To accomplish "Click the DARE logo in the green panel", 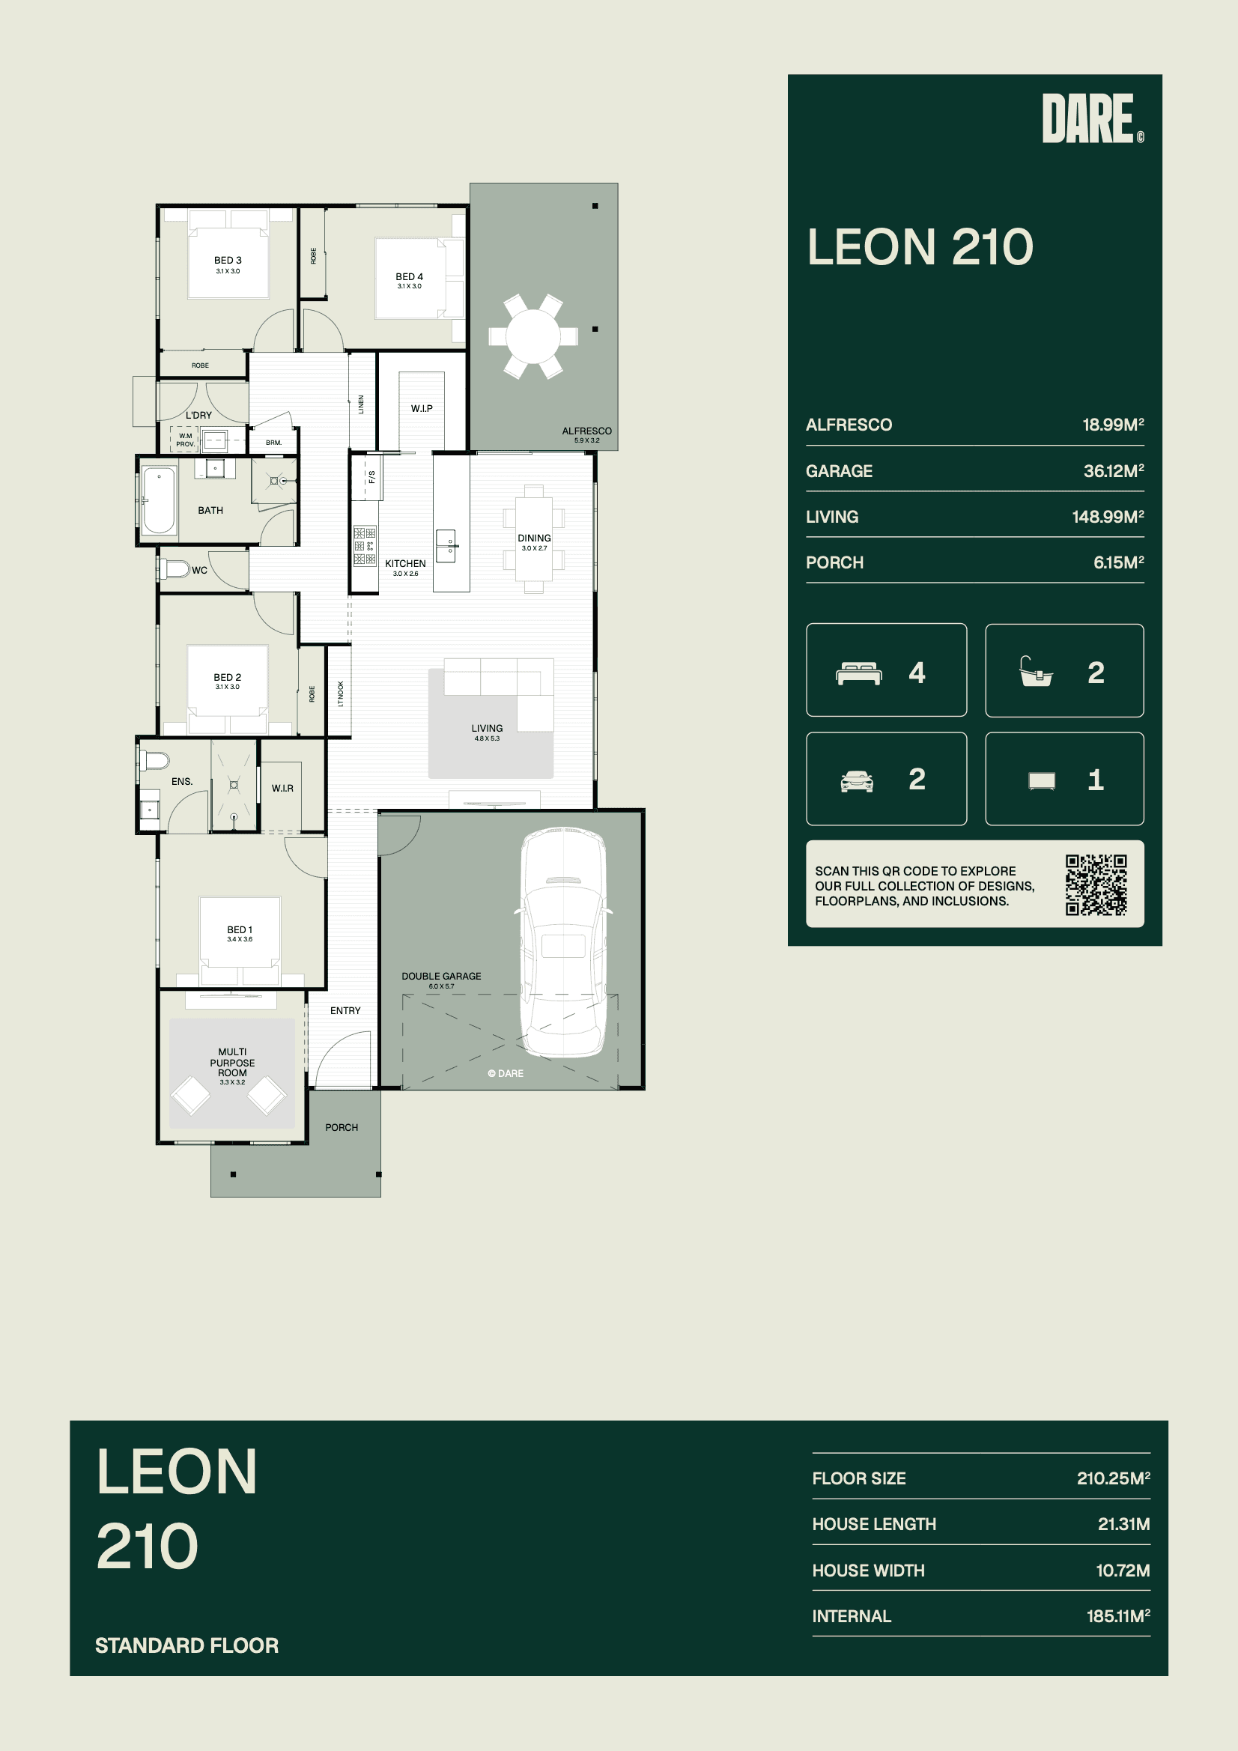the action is pos(1092,118).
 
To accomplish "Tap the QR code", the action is pos(1096,884).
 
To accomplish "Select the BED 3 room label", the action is pos(228,260).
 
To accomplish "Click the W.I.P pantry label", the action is pos(422,409).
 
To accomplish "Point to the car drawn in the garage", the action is pos(564,943).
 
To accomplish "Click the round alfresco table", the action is pos(533,336).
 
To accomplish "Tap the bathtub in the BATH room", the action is pos(159,500).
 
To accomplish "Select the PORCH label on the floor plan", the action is pos(341,1127).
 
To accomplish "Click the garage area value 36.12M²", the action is pos(1114,470).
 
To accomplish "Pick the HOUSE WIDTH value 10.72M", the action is pos(1123,1571).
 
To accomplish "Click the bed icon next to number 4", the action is pos(859,673).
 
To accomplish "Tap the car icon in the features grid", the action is pos(857,781).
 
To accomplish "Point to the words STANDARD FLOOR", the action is pos(187,1645).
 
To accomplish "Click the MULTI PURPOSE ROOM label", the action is pos(233,1062).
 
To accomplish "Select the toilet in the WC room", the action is pos(175,569).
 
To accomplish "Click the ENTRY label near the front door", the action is pos(345,1010).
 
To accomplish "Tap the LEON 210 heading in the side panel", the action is pos(920,247).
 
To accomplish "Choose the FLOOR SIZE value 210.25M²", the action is pos(1114,1478).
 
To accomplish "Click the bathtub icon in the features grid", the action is pos(1036,672).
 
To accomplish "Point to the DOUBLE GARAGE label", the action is pos(441,976).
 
